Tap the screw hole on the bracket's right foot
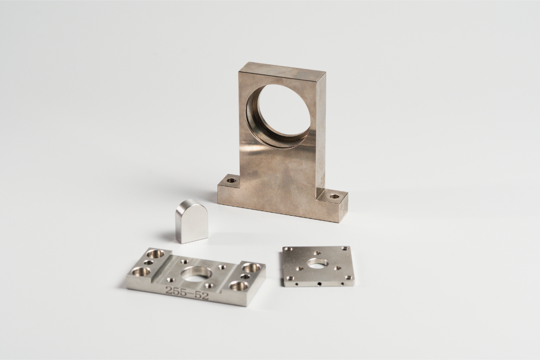coord(333,197)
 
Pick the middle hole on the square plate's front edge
coord(320,285)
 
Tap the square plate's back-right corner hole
coord(344,249)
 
